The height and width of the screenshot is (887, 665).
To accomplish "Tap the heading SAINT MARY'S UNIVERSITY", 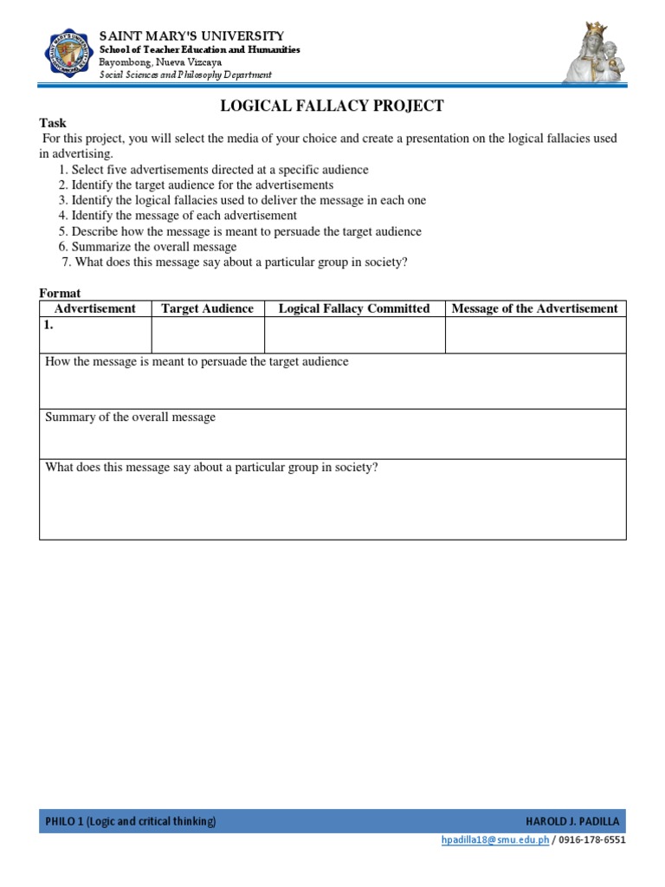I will pyautogui.click(x=191, y=36).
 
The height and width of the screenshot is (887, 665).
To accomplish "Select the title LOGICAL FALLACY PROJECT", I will pyautogui.click(x=332, y=106).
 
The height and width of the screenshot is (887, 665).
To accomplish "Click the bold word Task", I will pyautogui.click(x=53, y=123).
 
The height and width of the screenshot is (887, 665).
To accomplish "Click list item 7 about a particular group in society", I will pyautogui.click(x=235, y=262).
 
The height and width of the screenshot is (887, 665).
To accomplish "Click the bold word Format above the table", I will pyautogui.click(x=60, y=294).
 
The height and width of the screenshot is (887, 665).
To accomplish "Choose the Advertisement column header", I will pyautogui.click(x=95, y=308).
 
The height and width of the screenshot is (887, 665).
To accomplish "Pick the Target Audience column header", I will pyautogui.click(x=208, y=308).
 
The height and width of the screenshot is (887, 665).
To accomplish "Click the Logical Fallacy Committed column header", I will pyautogui.click(x=354, y=308).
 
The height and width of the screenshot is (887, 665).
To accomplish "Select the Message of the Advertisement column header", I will pyautogui.click(x=535, y=308).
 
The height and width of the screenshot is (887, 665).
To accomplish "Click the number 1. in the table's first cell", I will pyautogui.click(x=50, y=327).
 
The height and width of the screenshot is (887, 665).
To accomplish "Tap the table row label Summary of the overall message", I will pyautogui.click(x=131, y=418).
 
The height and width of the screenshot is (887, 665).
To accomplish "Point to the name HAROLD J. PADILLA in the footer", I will pyautogui.click(x=572, y=821).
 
